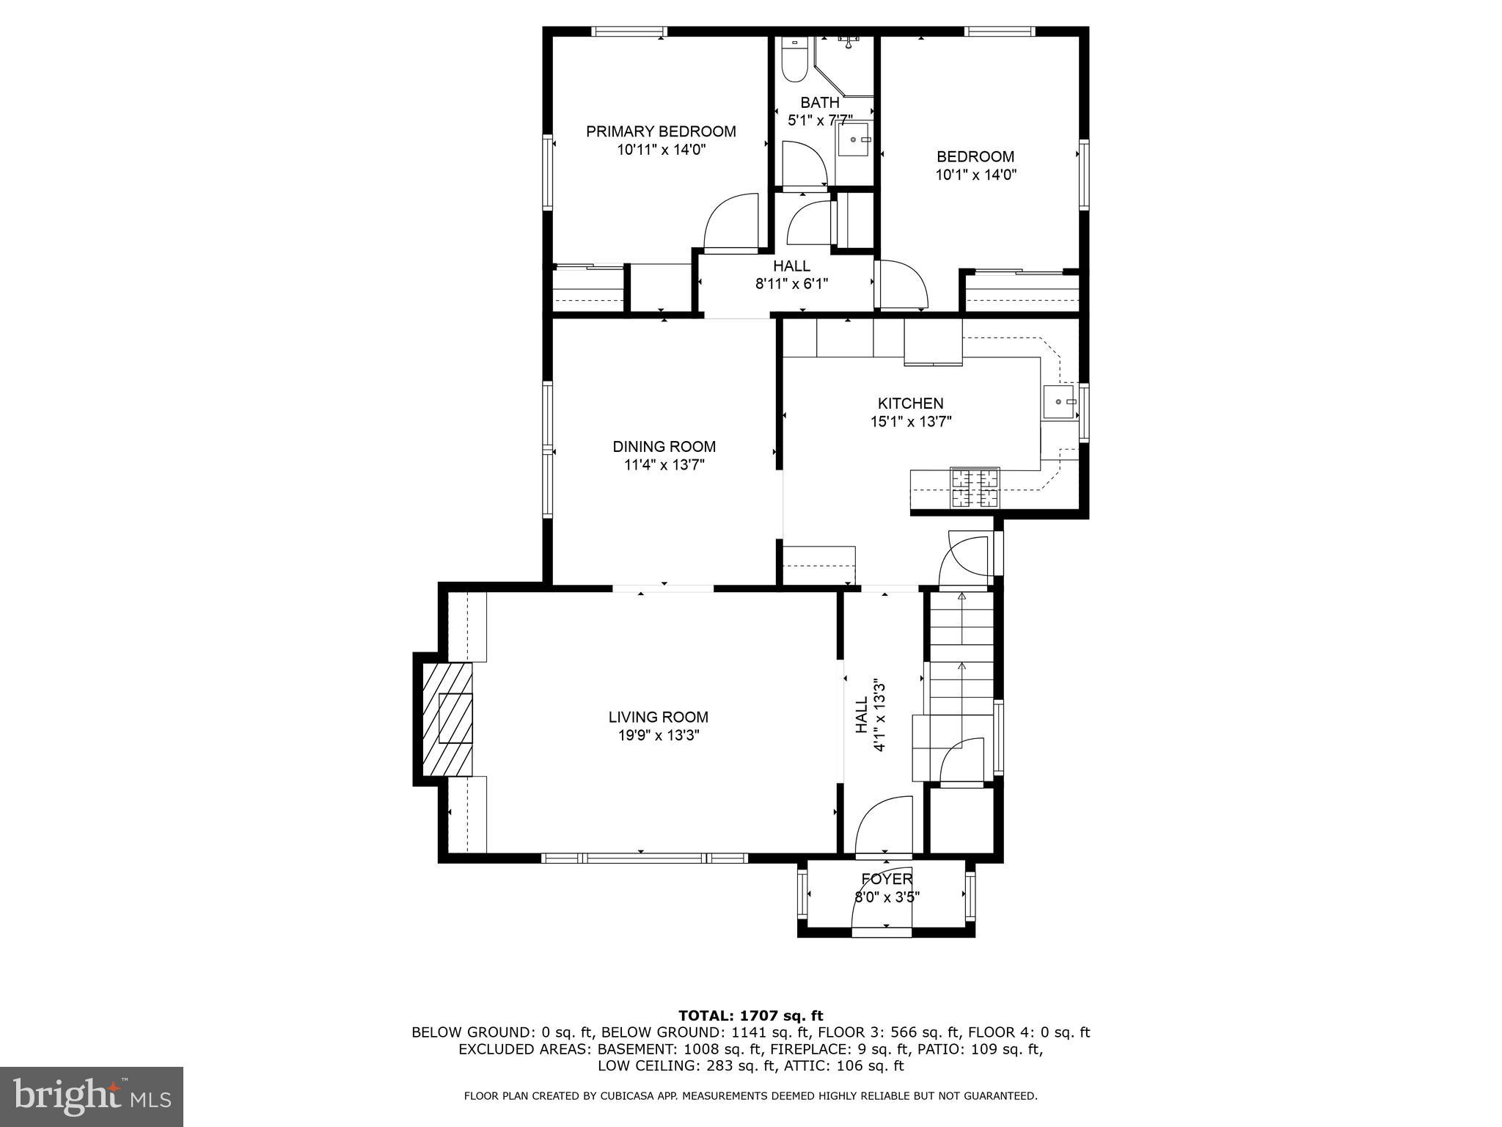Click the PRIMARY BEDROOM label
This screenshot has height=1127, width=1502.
click(661, 131)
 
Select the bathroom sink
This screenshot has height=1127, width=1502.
click(853, 139)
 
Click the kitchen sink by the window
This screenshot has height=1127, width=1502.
click(1059, 401)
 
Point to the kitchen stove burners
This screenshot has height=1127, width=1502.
click(975, 489)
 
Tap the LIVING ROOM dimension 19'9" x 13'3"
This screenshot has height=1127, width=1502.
click(659, 736)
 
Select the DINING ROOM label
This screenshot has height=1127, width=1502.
click(664, 446)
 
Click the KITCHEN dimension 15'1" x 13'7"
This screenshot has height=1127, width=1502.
click(911, 421)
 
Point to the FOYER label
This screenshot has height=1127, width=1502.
click(887, 879)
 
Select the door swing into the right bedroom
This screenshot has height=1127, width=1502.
click(902, 284)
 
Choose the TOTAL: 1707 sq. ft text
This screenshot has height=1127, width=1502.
click(750, 1015)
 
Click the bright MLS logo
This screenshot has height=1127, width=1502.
click(92, 1096)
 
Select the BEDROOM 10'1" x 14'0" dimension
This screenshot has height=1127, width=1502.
click(975, 175)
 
